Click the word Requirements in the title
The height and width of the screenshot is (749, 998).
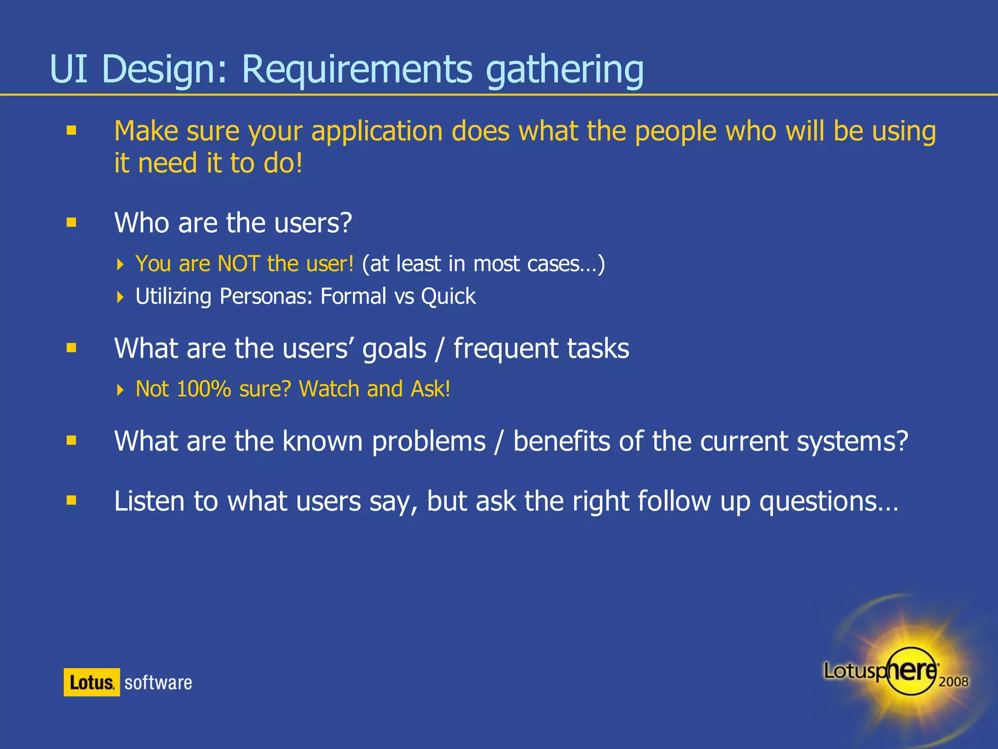point(357,69)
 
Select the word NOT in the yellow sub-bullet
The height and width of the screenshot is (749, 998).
point(238,264)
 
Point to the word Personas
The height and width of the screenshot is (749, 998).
point(266,296)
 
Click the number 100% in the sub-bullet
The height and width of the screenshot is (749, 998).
point(204,389)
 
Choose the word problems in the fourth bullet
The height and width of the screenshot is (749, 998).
point(429,441)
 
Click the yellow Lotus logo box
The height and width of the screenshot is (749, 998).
point(92,682)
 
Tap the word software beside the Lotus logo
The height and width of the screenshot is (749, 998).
point(158,683)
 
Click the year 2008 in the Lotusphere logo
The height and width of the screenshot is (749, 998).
point(953,682)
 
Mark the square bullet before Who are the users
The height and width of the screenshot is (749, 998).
point(72,223)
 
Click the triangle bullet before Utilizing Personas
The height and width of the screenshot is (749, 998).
point(120,297)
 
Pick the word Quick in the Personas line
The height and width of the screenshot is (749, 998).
point(448,296)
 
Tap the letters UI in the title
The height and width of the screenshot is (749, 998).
point(69,69)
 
